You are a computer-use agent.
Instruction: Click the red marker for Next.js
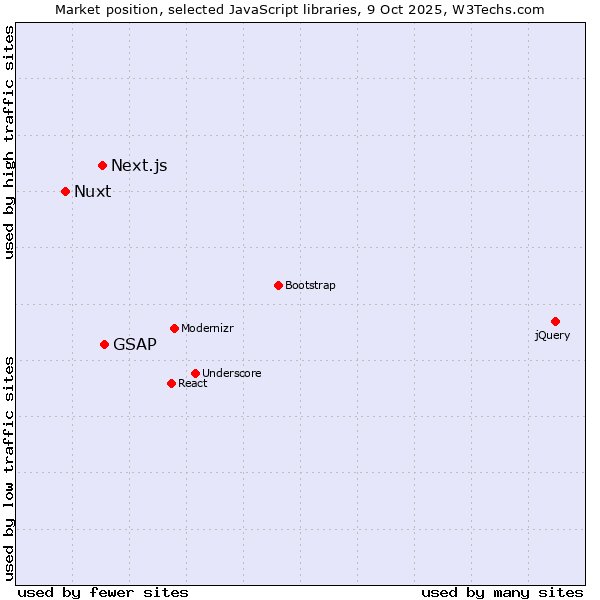(102, 165)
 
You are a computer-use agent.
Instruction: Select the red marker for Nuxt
(65, 191)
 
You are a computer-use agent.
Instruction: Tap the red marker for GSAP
(104, 344)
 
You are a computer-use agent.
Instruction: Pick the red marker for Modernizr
(174, 328)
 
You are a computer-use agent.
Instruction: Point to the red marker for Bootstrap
(278, 285)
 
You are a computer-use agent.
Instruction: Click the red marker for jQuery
(555, 321)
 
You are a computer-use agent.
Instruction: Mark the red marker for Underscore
(195, 373)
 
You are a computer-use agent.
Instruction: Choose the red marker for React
(171, 383)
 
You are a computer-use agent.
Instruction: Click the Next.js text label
(139, 166)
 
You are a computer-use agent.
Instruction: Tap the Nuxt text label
(93, 192)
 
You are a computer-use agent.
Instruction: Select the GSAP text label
(135, 345)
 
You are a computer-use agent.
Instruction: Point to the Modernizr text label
(207, 329)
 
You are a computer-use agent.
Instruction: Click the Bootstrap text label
(310, 286)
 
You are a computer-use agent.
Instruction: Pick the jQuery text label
(552, 336)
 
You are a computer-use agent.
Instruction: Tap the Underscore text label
(232, 374)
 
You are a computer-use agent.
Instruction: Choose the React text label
(193, 384)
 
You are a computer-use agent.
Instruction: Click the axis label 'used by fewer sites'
(103, 592)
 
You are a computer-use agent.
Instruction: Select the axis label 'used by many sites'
(502, 592)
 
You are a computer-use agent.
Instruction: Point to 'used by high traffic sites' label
(9, 142)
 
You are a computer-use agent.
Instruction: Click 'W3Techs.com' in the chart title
(497, 9)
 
